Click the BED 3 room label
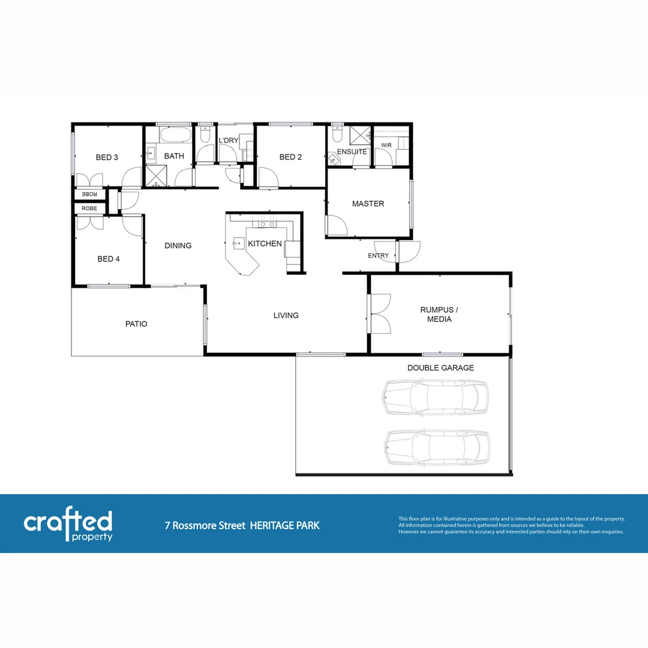coord(107,157)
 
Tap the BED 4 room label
coord(109,259)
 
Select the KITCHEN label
coord(265,244)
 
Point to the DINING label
coord(178,245)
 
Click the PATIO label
coord(136,324)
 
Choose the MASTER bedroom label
coord(368,204)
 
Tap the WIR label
coord(386,146)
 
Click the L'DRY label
coord(228,141)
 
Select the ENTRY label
coord(378,256)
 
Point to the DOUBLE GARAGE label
coord(440,368)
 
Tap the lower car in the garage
coord(437,448)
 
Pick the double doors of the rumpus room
coord(380,313)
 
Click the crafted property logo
coord(68,526)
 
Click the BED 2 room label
coord(290,157)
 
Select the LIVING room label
coord(286,316)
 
